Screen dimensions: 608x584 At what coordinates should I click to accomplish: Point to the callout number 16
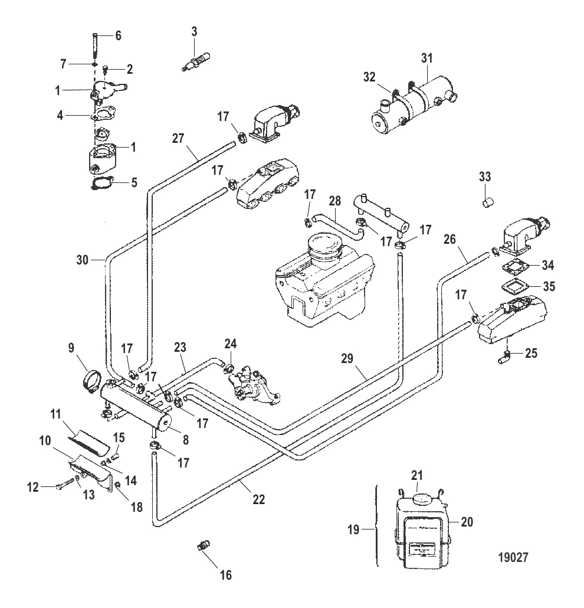210,574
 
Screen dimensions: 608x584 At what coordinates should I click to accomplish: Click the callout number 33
484,176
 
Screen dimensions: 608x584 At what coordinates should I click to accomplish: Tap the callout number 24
230,344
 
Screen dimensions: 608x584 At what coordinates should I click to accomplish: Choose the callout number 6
117,35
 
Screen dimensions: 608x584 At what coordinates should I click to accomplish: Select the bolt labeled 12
62,488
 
